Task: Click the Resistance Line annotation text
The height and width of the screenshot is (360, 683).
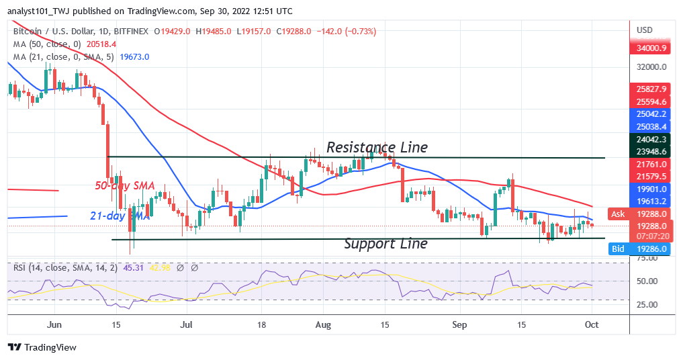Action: [377, 146]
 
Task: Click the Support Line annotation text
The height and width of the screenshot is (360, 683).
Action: [385, 243]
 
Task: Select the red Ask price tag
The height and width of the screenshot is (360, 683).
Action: [618, 214]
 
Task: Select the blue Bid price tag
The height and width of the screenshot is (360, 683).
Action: [618, 249]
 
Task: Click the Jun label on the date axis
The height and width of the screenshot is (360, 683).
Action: [55, 324]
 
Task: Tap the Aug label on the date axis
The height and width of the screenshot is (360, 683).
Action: [323, 324]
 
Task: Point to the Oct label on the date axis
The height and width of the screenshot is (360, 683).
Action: [592, 324]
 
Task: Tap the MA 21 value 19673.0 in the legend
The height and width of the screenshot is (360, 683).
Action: [134, 57]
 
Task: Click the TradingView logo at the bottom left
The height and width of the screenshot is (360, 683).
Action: [42, 347]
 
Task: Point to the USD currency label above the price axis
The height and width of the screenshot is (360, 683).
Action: [645, 30]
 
